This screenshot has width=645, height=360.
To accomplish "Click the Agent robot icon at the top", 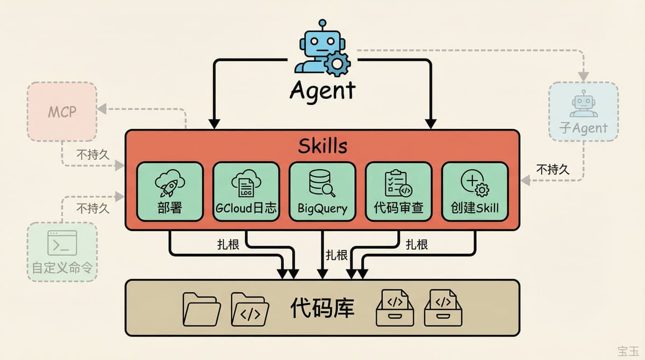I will click(x=321, y=51).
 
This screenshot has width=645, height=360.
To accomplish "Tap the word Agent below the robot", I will click(x=322, y=90).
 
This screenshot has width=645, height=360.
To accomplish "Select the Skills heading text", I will click(x=322, y=146).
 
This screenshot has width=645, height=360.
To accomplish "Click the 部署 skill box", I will click(x=170, y=191).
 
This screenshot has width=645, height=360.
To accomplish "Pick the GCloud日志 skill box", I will click(x=246, y=191).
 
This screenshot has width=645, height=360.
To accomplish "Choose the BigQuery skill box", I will click(x=322, y=191).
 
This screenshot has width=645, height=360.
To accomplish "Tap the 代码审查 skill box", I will click(x=398, y=191).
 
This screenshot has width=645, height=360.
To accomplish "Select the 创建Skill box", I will click(x=475, y=191).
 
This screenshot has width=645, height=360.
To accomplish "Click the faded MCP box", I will click(x=62, y=112).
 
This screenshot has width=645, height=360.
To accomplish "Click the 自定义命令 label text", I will click(x=62, y=268).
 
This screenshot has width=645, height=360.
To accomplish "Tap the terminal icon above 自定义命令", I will click(x=62, y=243).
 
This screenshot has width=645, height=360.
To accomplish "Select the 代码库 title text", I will click(x=322, y=307).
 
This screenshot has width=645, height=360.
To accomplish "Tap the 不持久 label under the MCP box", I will click(x=92, y=155).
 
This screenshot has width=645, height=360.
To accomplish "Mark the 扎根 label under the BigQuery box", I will click(x=336, y=255).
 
